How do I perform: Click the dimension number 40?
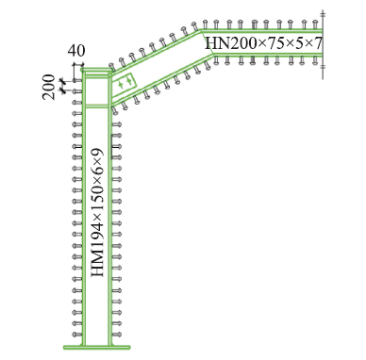click(x=76, y=51)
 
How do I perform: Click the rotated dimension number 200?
click(x=48, y=87)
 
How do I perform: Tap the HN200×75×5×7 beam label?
click(x=263, y=42)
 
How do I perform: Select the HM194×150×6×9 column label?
click(x=97, y=213)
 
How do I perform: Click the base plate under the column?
click(x=97, y=348)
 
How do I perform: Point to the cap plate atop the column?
click(x=96, y=70)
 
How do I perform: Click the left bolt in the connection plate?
click(x=121, y=84)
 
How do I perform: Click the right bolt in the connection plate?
click(x=128, y=81)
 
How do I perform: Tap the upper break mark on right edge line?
click(x=323, y=14)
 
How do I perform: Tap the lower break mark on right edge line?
click(x=323, y=67)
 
